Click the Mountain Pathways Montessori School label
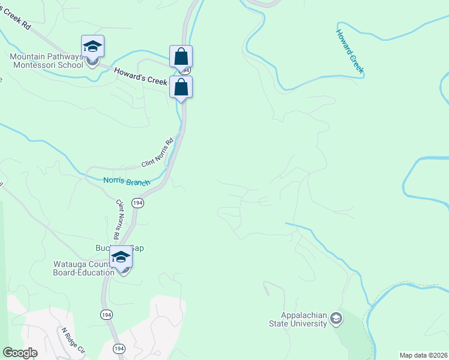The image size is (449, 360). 46,61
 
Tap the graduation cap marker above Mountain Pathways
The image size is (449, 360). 92,47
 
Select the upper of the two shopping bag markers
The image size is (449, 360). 181,57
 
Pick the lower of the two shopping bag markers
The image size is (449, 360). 181,88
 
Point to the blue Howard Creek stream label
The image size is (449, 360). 349,52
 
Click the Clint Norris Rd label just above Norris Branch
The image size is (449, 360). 157,155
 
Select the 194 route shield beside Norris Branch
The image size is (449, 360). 138,203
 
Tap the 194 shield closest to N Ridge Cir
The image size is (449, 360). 119,349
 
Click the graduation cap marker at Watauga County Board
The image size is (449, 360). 121,257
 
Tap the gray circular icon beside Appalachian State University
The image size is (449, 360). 336,318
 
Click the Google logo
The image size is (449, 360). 20,353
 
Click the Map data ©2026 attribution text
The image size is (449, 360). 423,355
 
